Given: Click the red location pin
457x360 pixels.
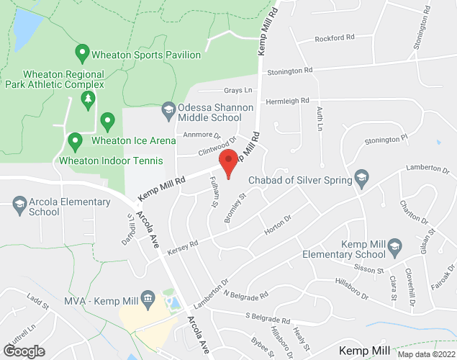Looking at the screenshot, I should pos(228,163).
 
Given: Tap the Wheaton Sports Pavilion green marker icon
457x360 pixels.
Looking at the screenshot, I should pos(82,53).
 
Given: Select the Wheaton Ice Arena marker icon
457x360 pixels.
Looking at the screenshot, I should pos(107,120).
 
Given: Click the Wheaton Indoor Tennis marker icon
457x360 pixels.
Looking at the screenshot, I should pos(74,140).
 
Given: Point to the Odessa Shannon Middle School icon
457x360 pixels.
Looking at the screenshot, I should pos(168,109).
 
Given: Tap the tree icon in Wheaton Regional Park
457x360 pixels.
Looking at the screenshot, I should pos(88,99).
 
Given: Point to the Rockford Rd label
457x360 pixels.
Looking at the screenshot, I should pos(335,39).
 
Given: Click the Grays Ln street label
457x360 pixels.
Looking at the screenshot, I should pos(238,91).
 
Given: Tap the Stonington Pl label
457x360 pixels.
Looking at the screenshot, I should pos(386,138).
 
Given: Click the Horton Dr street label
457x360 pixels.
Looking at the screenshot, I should pos(277,222).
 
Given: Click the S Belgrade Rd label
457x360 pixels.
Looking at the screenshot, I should pos(267,318).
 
